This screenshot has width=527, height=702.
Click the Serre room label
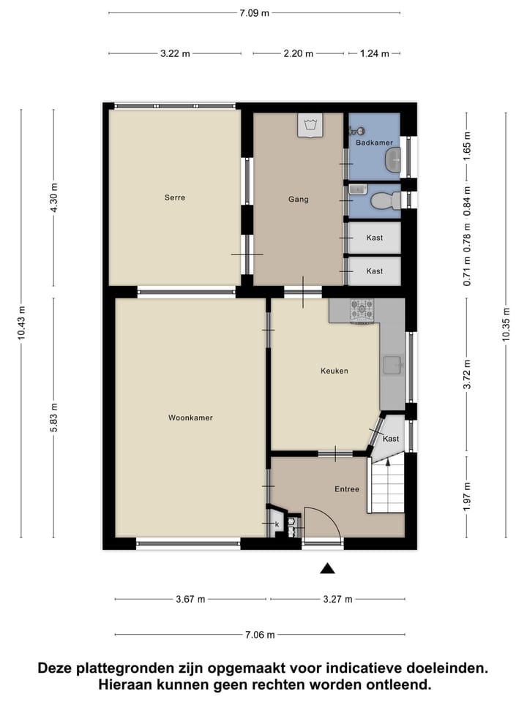coord(174,197)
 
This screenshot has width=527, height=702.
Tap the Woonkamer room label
coord(190,418)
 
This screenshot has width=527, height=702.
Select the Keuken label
coord(334,371)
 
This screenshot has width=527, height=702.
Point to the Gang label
coord(298,199)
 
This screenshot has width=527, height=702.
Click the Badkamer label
coord(374,143)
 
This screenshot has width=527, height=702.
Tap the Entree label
coord(347,489)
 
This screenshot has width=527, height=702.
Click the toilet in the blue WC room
coord(384,200)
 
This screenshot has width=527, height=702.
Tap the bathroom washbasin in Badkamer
coord(393,156)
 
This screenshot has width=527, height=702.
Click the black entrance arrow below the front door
coord(327,568)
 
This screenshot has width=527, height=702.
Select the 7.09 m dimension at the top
coord(254,12)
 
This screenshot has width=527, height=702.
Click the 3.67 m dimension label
coord(190,600)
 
